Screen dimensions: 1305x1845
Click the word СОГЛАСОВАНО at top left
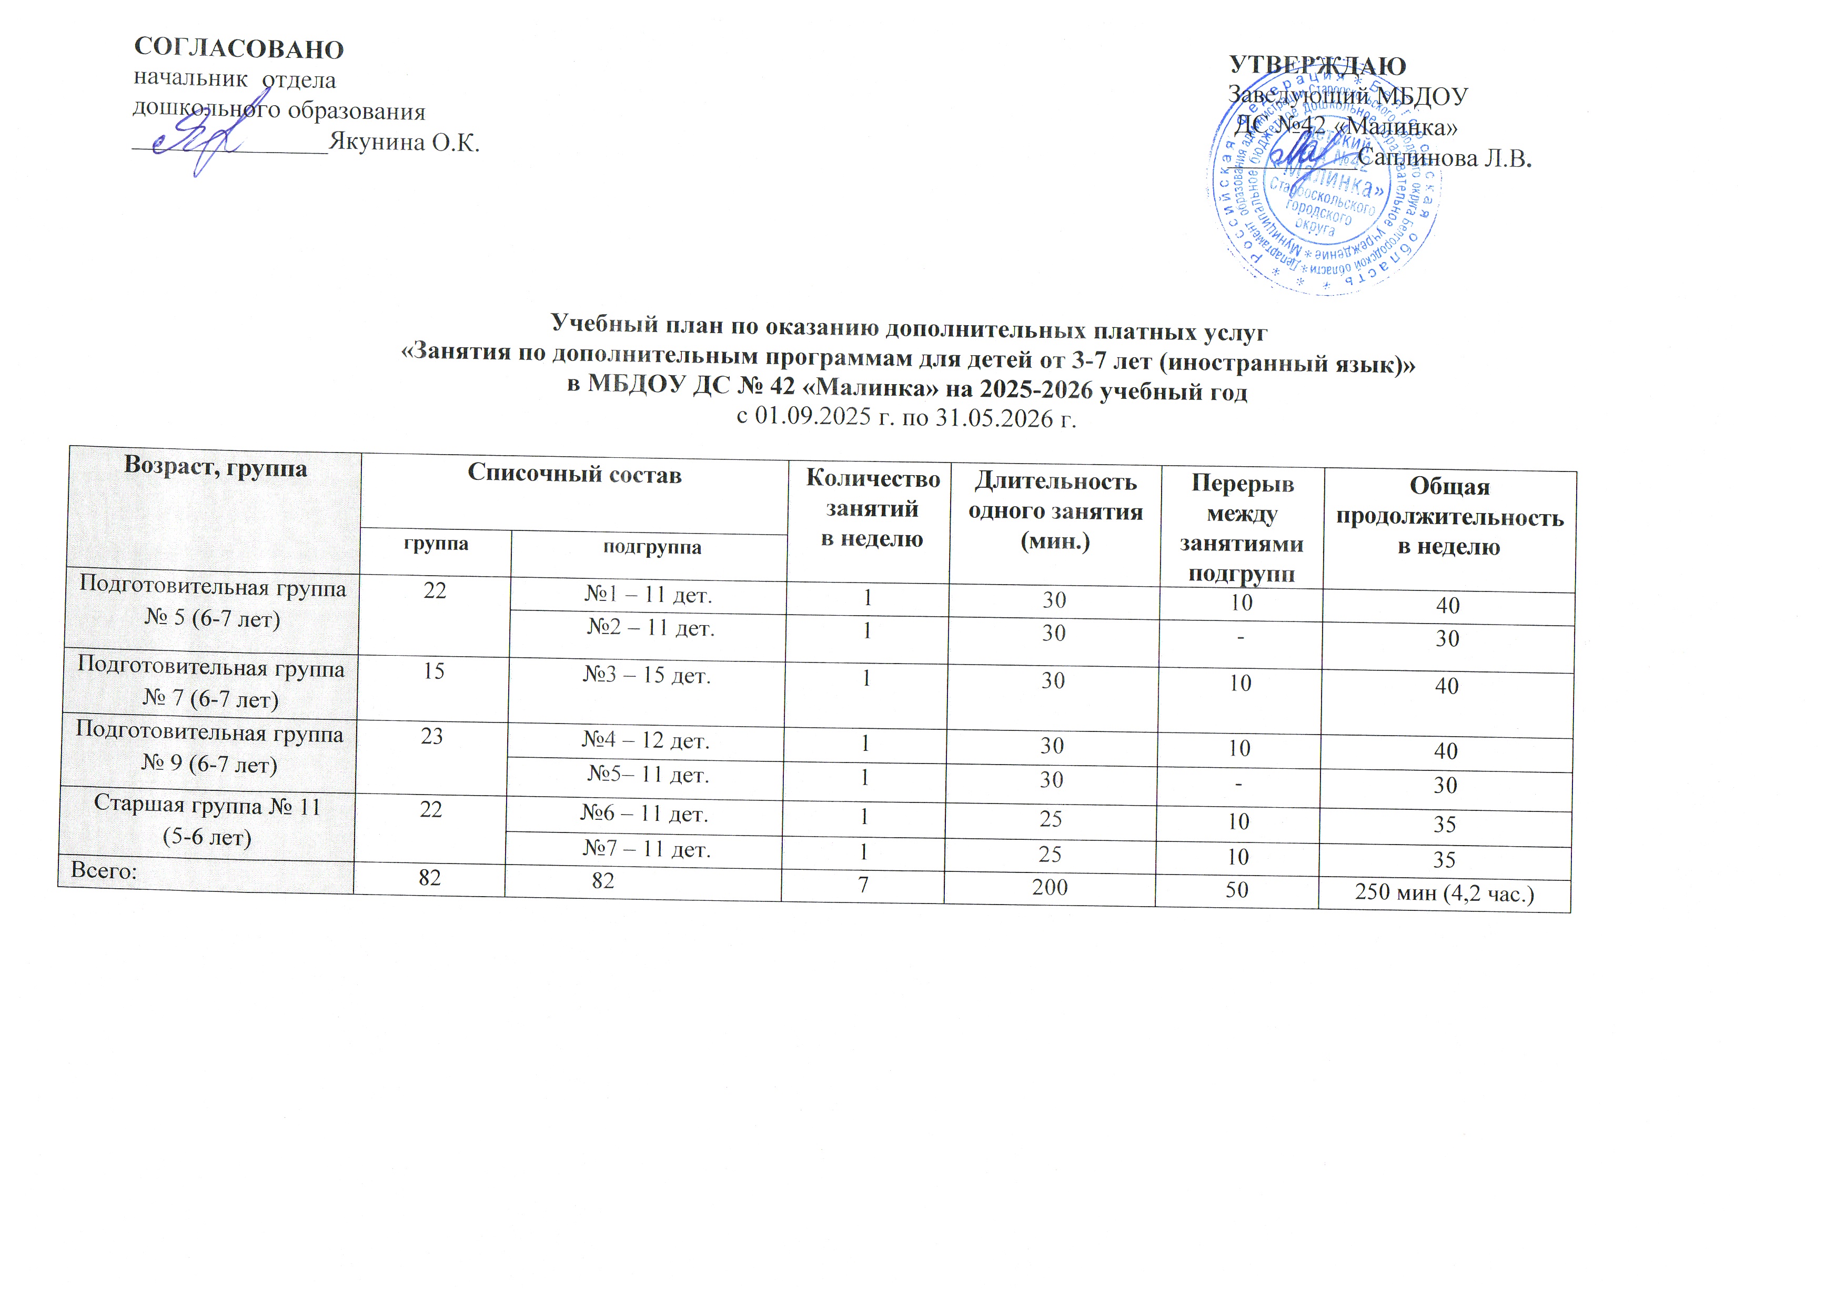coord(239,49)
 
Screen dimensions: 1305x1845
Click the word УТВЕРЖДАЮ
coord(1318,66)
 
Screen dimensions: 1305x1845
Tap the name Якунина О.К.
coord(404,142)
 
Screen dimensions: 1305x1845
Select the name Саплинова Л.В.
coord(1445,158)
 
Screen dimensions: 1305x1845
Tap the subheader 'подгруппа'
coord(652,548)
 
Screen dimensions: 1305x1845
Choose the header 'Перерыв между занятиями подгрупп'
coord(1242,528)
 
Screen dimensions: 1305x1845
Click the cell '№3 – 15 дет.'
coord(647,676)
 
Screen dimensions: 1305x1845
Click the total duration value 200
coord(1050,887)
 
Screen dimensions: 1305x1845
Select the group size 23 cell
coord(432,737)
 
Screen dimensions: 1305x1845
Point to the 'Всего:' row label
coord(104,870)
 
